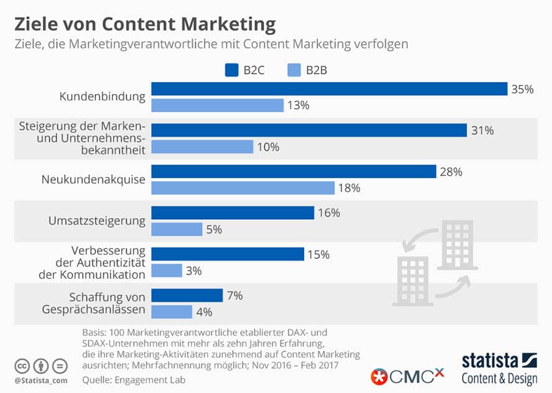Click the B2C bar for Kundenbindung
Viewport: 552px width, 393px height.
click(329, 89)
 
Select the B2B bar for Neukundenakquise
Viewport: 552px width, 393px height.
click(243, 187)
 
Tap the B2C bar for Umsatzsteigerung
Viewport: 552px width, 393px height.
click(232, 213)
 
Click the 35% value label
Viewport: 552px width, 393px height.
click(522, 89)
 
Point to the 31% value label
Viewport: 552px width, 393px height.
click(482, 130)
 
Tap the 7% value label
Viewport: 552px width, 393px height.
click(235, 296)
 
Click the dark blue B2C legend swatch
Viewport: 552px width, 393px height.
click(232, 70)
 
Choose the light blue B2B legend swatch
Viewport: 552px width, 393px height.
click(293, 70)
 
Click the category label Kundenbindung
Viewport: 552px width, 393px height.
click(103, 97)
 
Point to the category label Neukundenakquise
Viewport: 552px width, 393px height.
click(94, 179)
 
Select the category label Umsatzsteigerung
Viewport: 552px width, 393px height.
click(97, 220)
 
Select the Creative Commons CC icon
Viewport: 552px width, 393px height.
click(23, 365)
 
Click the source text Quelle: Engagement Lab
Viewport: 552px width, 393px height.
click(134, 379)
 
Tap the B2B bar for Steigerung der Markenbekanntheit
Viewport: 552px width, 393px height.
click(202, 147)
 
